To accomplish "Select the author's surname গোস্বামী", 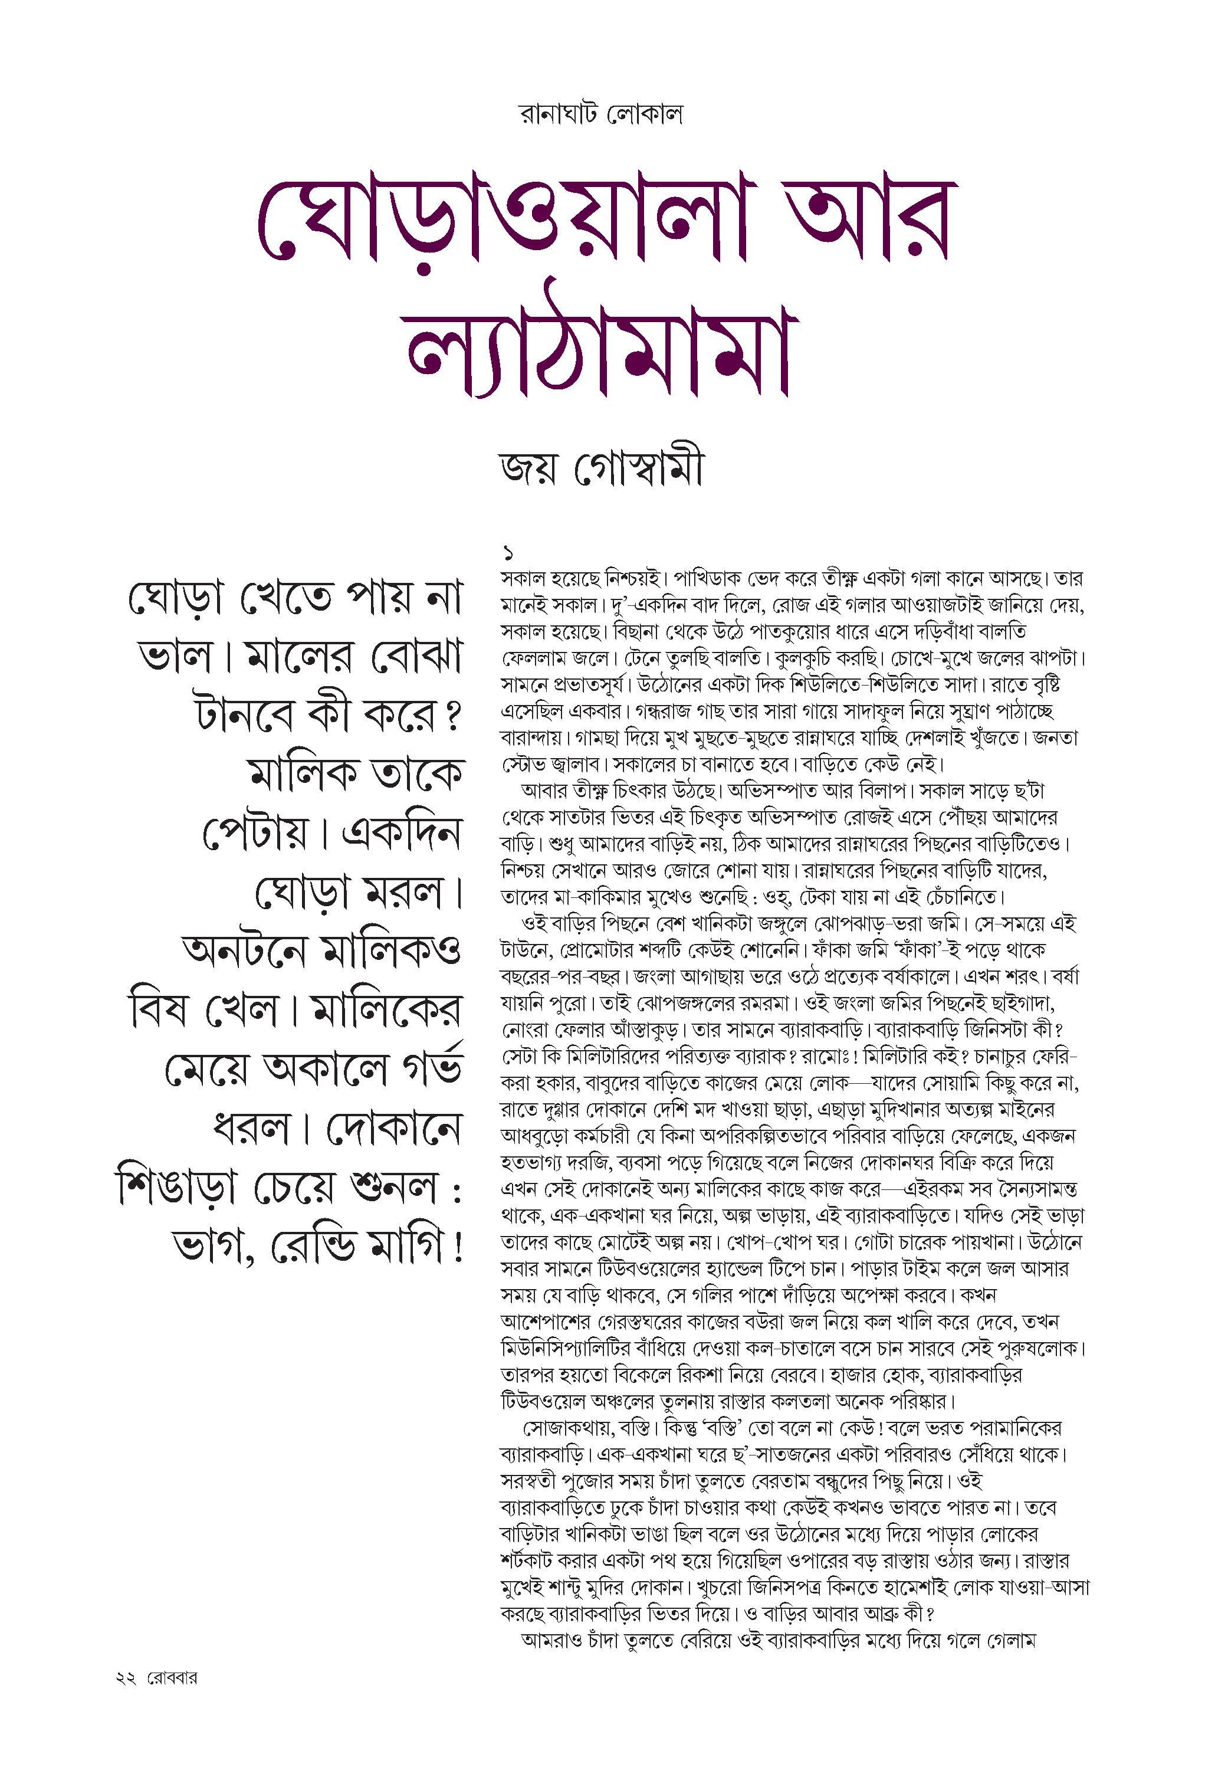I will (638, 468).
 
